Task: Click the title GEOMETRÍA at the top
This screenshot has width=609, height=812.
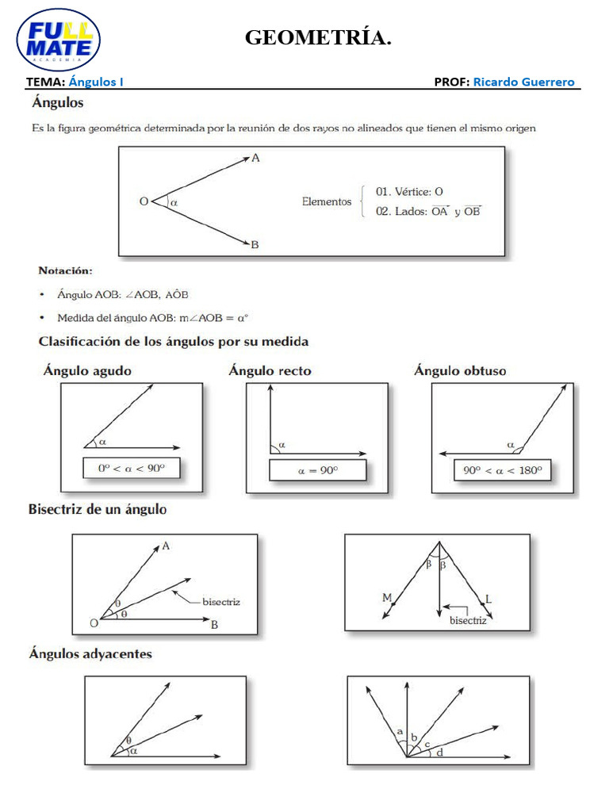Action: coord(318,37)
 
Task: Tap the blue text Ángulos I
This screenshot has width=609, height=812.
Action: coord(96,82)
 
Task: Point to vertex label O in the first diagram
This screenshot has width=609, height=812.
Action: coord(144,201)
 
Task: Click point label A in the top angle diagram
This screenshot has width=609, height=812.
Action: coord(255,159)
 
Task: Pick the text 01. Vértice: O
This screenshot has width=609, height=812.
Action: coord(409,191)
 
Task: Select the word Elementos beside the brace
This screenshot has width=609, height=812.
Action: coord(326,201)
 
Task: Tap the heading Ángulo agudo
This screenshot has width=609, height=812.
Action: coord(88,370)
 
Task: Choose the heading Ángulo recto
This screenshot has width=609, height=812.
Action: coord(270,370)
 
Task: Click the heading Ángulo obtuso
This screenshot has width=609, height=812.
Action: coord(460,370)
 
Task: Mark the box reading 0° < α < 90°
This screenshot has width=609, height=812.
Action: coord(132,469)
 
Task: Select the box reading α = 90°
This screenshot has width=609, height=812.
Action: coord(317,470)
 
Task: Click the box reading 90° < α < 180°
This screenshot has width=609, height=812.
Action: coord(503,470)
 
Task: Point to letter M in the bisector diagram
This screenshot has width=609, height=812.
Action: coord(387,598)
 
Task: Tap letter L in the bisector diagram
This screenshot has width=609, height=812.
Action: coord(488,600)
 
